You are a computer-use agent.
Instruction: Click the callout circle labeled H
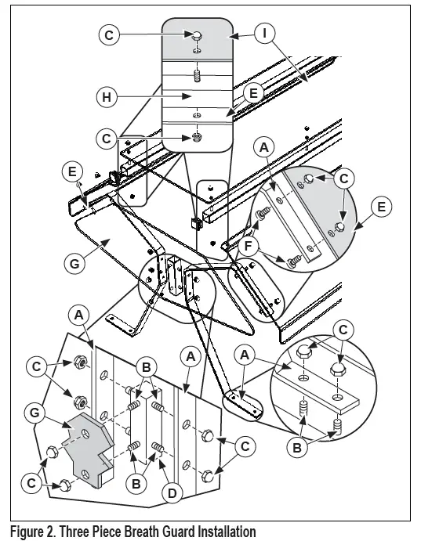(x=107, y=97)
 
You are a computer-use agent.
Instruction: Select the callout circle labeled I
(x=264, y=33)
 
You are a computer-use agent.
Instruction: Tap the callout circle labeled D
(x=172, y=493)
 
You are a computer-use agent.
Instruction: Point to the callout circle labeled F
(x=249, y=247)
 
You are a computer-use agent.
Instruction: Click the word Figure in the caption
(x=26, y=532)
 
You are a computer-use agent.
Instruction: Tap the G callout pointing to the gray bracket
(x=34, y=413)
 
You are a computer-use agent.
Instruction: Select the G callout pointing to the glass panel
(x=74, y=264)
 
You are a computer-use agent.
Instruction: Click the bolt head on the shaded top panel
(x=198, y=35)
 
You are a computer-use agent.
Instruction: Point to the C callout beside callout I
(x=109, y=35)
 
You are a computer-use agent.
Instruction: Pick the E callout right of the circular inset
(x=381, y=207)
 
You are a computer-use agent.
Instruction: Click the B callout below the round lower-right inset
(x=297, y=448)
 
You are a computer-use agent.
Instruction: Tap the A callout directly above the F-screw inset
(x=264, y=147)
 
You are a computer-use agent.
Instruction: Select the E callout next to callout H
(x=253, y=93)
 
